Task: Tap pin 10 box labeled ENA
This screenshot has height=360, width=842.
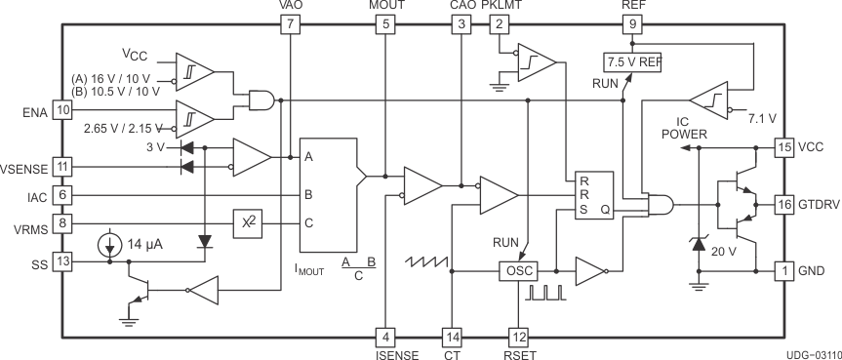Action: coord(62,110)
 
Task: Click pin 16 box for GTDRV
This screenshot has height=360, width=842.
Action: coord(783,204)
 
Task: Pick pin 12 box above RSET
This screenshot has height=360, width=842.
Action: coord(519,338)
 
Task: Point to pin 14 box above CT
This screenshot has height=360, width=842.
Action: coord(451,338)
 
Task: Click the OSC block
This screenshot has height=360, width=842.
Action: coord(517,270)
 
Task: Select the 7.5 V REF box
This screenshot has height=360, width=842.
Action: coord(633,61)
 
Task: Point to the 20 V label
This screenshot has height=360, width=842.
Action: coord(723,250)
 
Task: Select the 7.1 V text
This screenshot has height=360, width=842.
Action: coord(761,118)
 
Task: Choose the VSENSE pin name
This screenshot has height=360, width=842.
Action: coord(24,167)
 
